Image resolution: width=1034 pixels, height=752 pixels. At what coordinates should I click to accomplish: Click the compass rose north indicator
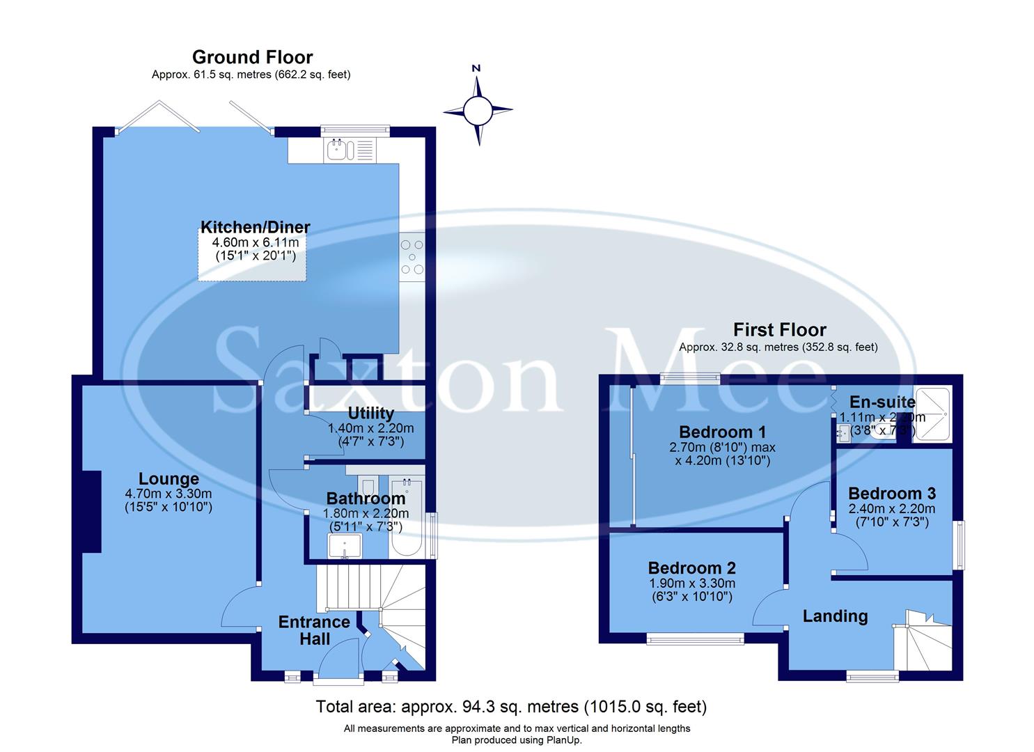pos(478,108)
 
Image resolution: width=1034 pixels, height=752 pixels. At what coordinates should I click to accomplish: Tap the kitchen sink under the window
pos(349,150)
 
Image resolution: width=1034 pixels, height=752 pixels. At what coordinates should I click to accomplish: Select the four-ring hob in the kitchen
pos(412,257)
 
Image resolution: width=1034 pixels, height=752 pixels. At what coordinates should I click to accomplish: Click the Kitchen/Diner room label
pos(255,227)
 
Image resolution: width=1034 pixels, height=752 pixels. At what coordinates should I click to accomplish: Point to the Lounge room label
pos(169,479)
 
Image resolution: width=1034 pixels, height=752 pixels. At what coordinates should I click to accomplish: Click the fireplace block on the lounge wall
pos(91,512)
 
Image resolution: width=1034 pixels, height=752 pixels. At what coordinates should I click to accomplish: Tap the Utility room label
pos(370,414)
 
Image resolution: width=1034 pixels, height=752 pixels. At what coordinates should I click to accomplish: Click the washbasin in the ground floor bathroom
pos(345,546)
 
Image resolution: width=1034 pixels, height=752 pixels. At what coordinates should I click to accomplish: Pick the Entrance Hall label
pos(314,630)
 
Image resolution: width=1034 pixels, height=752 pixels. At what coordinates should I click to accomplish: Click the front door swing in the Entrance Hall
pos(338,659)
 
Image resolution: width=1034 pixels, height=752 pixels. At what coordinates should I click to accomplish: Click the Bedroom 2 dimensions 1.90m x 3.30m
pos(691,583)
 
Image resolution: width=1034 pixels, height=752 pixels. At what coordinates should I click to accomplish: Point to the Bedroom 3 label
pos(891,493)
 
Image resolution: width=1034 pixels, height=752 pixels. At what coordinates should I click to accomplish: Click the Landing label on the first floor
pos(835,616)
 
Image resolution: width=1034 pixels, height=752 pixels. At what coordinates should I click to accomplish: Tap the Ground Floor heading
pos(252,57)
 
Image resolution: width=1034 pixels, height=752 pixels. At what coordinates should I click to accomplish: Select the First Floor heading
pos(779,330)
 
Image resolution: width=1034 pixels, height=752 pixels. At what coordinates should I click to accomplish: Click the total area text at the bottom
pos(511,707)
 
